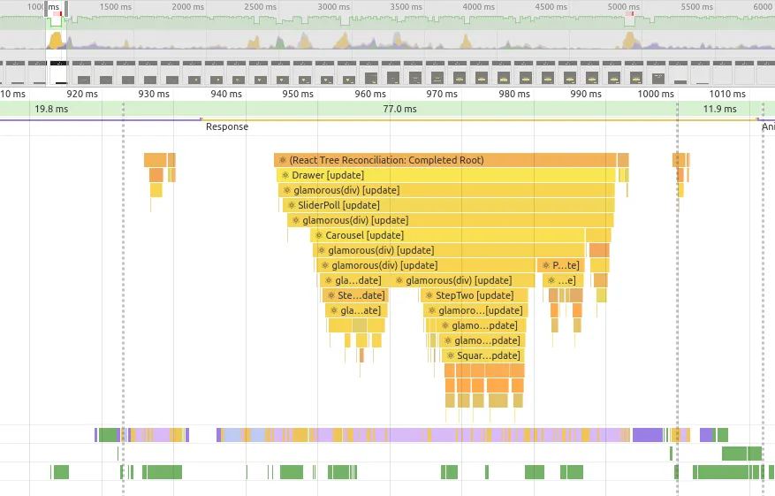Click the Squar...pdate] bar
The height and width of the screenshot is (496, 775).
482,355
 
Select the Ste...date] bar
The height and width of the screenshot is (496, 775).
356,295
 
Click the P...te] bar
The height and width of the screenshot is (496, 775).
560,265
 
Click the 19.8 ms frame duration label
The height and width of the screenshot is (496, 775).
51,109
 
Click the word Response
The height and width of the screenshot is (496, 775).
227,126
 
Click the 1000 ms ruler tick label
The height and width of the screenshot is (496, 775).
655,94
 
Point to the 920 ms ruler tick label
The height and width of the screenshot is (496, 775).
81,94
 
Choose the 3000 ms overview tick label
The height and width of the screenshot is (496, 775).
333,6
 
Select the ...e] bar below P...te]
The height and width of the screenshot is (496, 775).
562,280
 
